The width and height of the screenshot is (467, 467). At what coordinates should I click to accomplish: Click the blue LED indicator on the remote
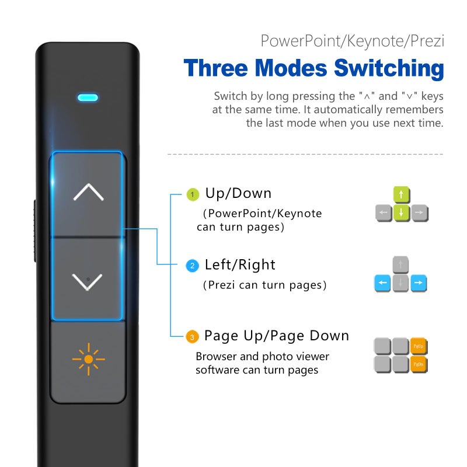(88, 97)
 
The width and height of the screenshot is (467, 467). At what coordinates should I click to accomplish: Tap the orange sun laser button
(88, 360)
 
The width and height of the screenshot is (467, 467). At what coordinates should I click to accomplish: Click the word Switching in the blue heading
(389, 68)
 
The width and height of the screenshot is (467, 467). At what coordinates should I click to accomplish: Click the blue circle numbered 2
(192, 266)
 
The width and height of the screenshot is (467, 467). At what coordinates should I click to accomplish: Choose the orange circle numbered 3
(192, 337)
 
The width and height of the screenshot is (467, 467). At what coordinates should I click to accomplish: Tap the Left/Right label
(240, 265)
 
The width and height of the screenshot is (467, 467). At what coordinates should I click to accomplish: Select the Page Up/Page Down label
(276, 336)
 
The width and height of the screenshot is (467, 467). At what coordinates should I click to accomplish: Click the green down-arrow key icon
(401, 212)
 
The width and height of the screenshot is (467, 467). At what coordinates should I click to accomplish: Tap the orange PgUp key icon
(419, 347)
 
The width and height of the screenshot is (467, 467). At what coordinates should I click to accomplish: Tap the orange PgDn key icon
(419, 365)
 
